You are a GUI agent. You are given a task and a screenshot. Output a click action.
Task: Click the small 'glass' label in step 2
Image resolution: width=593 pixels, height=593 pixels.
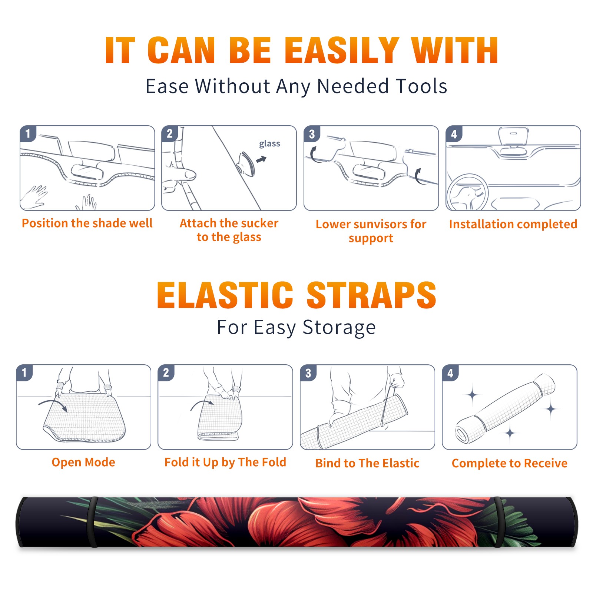point(269,144)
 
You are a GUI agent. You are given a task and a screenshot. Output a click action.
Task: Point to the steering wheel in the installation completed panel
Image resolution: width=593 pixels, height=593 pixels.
point(467,192)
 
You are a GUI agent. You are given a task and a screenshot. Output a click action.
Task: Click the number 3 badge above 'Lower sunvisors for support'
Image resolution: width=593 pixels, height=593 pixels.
point(312,134)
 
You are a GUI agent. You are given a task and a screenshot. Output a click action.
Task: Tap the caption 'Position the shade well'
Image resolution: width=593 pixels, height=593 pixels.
point(87,223)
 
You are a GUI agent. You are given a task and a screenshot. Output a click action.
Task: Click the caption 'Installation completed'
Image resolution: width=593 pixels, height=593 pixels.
point(513,224)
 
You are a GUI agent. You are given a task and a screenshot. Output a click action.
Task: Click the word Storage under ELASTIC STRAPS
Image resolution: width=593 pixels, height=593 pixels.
point(339,328)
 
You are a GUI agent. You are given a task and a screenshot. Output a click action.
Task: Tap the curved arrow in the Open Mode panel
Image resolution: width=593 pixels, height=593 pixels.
point(53,405)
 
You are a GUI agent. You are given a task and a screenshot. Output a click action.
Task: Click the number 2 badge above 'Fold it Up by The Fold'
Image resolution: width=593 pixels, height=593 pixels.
point(166,372)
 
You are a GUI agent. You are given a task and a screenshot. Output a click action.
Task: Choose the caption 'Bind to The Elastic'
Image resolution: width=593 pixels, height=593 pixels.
point(367,463)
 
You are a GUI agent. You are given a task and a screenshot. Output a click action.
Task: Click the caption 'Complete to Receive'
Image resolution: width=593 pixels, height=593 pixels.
point(509,463)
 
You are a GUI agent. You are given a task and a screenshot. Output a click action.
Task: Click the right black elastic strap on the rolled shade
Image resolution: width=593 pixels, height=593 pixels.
point(499,522)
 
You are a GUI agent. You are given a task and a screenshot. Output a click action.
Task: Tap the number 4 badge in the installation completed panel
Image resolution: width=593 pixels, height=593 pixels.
point(454,134)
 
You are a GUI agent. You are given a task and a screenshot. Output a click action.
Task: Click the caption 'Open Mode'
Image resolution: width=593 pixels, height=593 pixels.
point(83,462)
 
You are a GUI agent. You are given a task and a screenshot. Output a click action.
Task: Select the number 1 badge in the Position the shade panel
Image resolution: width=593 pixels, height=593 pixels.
point(28,134)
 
